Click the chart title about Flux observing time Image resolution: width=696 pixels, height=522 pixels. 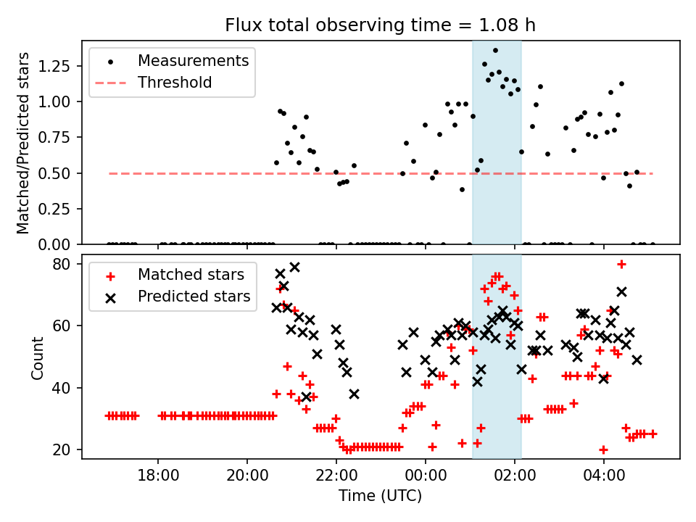coord(381,26)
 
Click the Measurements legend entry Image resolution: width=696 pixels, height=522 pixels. coord(193,60)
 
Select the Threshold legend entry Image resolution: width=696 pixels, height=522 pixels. coord(175,83)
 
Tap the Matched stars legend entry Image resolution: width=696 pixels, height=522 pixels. coord(191,275)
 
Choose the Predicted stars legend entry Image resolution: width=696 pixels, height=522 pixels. coord(194,297)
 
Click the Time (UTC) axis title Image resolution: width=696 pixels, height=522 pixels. coord(381,497)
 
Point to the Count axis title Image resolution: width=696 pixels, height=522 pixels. coord(37,357)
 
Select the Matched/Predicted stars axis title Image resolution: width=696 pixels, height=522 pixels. coord(23,143)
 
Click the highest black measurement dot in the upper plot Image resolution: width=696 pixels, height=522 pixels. coord(495,51)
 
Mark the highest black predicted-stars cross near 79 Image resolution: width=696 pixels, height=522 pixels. coord(294,268)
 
